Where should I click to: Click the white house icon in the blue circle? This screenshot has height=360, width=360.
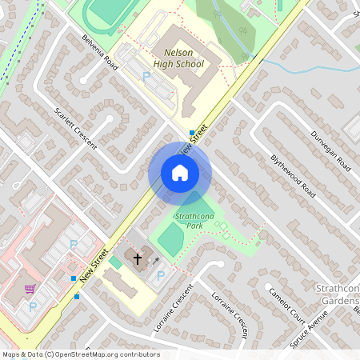[x=180, y=173]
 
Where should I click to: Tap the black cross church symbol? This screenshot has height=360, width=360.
[x=137, y=258]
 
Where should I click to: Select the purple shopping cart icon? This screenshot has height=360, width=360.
[x=30, y=289]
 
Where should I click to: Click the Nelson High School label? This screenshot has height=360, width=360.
[x=178, y=58]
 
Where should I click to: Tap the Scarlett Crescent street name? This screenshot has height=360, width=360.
[x=75, y=128]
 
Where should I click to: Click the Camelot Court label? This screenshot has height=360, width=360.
[x=287, y=303]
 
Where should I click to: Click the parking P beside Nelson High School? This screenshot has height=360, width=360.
[x=146, y=76]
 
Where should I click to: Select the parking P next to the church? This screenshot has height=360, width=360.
[x=161, y=275]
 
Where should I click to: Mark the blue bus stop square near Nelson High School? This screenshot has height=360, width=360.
[x=192, y=133]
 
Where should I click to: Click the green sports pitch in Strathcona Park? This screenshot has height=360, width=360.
[x=170, y=238]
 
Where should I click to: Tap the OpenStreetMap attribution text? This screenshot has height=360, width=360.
[x=81, y=354]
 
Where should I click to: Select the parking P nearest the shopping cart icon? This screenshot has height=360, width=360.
[x=33, y=306]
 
